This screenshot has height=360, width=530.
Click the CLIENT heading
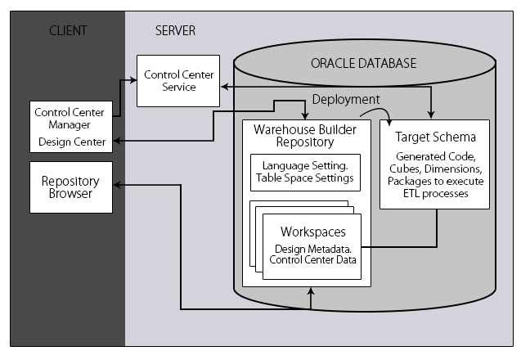tap(67, 31)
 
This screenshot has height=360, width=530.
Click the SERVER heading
tap(175, 31)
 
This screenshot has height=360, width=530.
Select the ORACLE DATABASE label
tap(363, 63)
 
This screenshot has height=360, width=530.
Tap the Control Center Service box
tap(178, 80)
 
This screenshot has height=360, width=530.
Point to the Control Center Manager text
tap(69, 118)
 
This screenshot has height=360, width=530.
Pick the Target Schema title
tap(436, 137)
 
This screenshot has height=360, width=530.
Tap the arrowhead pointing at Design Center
tap(117, 142)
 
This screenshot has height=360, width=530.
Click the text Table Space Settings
tap(304, 178)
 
